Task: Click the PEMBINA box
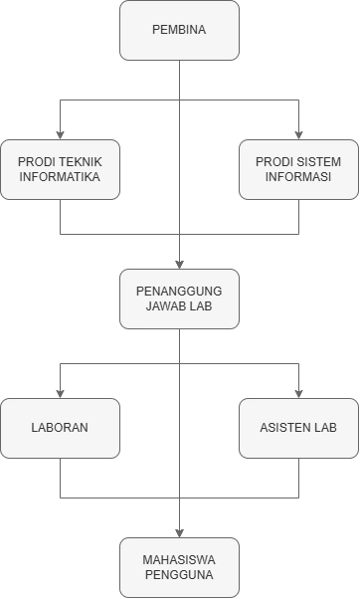tap(179, 30)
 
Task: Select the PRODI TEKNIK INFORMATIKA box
tap(60, 169)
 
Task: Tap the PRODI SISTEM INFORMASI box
tap(298, 169)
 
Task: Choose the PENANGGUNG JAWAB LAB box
tap(179, 299)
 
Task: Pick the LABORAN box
tap(60, 428)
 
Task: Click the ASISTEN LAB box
tap(298, 428)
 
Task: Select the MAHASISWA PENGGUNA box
tap(179, 566)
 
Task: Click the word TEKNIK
tap(77, 161)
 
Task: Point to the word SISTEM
tap(316, 161)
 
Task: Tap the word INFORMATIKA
tap(60, 177)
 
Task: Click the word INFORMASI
tap(298, 177)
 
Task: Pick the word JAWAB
tap(166, 306)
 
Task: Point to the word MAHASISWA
tap(179, 558)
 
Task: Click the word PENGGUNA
tap(179, 574)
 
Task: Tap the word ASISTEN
tap(284, 428)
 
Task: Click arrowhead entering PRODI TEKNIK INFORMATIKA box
tap(60, 134)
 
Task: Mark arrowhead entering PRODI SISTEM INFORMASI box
tap(298, 134)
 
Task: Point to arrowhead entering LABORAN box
tap(60, 393)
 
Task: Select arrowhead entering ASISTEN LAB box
tap(298, 393)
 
